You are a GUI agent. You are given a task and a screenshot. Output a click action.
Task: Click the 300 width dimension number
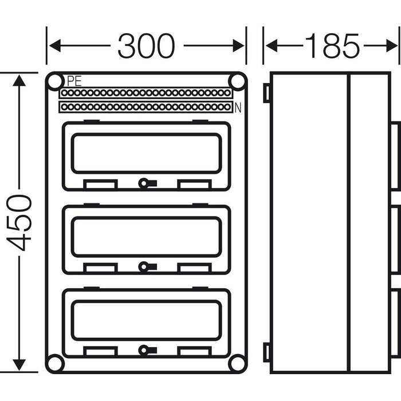146,46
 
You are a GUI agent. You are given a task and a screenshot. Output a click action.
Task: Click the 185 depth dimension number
332,46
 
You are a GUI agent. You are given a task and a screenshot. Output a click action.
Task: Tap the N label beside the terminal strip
237,106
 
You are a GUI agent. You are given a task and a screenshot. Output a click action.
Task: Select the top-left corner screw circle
55,82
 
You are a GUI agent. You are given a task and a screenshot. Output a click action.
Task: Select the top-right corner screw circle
237,82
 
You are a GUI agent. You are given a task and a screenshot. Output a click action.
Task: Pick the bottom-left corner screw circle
55,363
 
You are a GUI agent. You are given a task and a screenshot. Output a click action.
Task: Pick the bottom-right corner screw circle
237,363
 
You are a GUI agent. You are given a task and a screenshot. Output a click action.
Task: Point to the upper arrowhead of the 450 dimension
19,80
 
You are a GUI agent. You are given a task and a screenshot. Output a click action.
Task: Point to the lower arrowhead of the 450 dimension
19,364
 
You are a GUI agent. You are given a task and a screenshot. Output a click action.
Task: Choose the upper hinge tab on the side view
266,93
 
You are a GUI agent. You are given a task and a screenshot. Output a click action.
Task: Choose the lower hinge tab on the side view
266,352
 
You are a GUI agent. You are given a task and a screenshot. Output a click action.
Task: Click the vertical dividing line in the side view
348,222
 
